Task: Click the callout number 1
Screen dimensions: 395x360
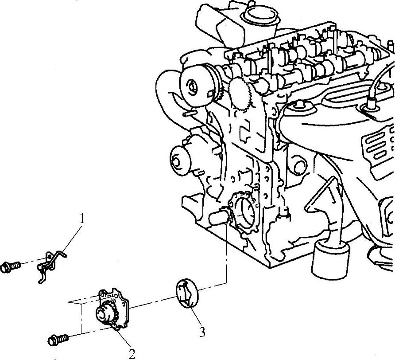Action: click(81, 219)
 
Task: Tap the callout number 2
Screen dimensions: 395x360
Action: click(132, 353)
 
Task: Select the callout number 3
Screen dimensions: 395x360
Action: click(202, 332)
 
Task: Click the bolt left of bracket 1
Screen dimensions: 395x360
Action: click(10, 266)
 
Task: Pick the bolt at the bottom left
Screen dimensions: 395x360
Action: click(58, 340)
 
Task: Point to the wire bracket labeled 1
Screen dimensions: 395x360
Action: click(51, 266)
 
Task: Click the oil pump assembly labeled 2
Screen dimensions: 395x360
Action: click(112, 309)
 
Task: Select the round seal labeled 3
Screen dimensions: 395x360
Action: click(187, 293)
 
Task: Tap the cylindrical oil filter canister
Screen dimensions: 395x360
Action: click(330, 259)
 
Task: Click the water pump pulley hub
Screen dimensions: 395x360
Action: click(176, 160)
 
